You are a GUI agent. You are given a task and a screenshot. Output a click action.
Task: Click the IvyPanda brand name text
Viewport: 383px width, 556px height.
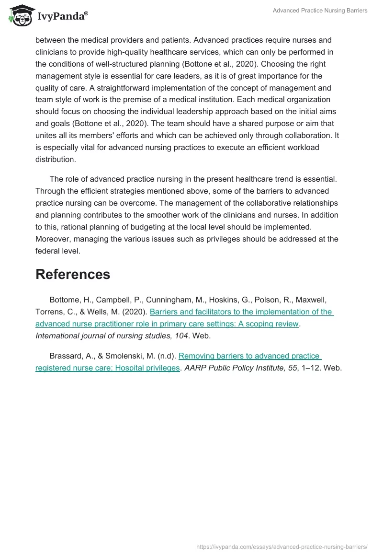point(62,15)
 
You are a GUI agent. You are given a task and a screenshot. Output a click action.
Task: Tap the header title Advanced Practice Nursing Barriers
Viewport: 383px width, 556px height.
point(320,11)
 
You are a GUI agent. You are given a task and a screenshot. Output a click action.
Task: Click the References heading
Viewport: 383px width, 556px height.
point(73,274)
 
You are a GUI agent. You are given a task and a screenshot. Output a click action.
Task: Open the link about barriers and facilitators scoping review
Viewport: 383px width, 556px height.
point(242,312)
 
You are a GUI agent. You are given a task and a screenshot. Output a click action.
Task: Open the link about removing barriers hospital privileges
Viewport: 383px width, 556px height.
point(249,356)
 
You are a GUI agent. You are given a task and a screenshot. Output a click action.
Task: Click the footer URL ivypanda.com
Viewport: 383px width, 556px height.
point(282,546)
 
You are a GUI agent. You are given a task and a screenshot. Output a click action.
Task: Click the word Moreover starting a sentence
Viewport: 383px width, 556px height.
point(54,239)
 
